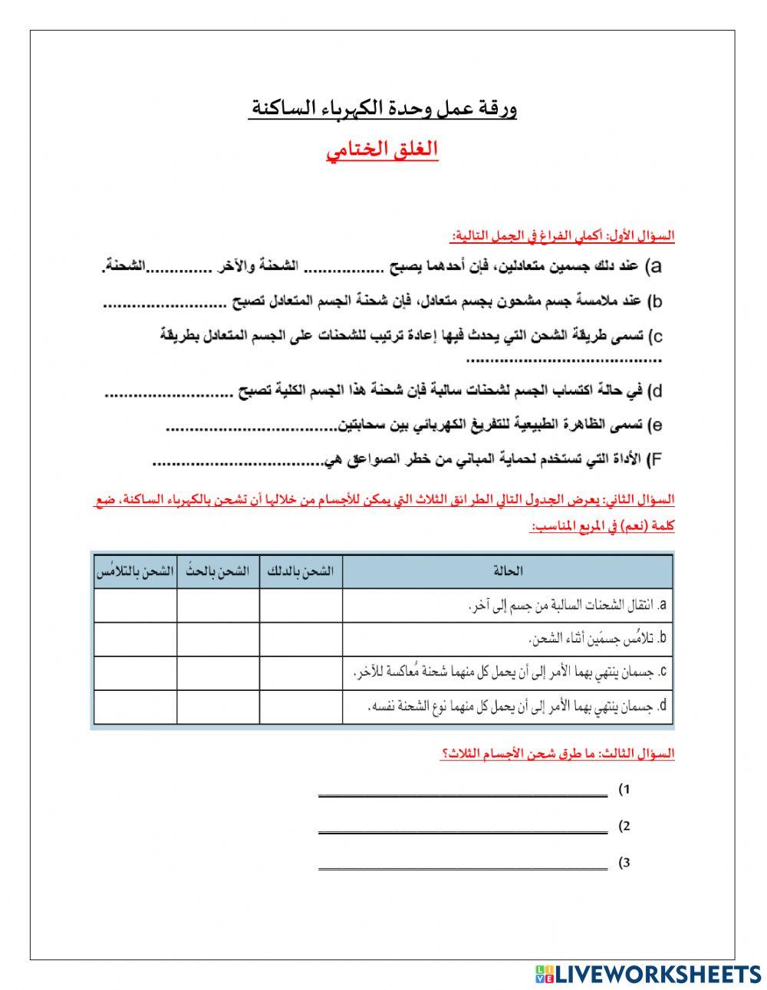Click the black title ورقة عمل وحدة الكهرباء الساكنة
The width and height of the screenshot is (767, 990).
coord(383,108)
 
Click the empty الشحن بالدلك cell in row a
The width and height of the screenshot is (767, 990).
coord(301,605)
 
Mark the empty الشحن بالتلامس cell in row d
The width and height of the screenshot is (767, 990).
coord(135,706)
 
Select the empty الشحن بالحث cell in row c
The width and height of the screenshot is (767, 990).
coord(218,673)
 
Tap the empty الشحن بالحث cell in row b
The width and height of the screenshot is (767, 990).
coord(218,639)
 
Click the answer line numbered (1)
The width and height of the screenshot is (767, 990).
coord(463,794)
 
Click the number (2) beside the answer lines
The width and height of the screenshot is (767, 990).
coord(624,827)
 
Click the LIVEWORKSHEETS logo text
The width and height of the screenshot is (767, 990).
coord(657,973)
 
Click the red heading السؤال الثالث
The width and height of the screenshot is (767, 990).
coord(558,753)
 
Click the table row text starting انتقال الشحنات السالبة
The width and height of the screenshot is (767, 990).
coord(568,605)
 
